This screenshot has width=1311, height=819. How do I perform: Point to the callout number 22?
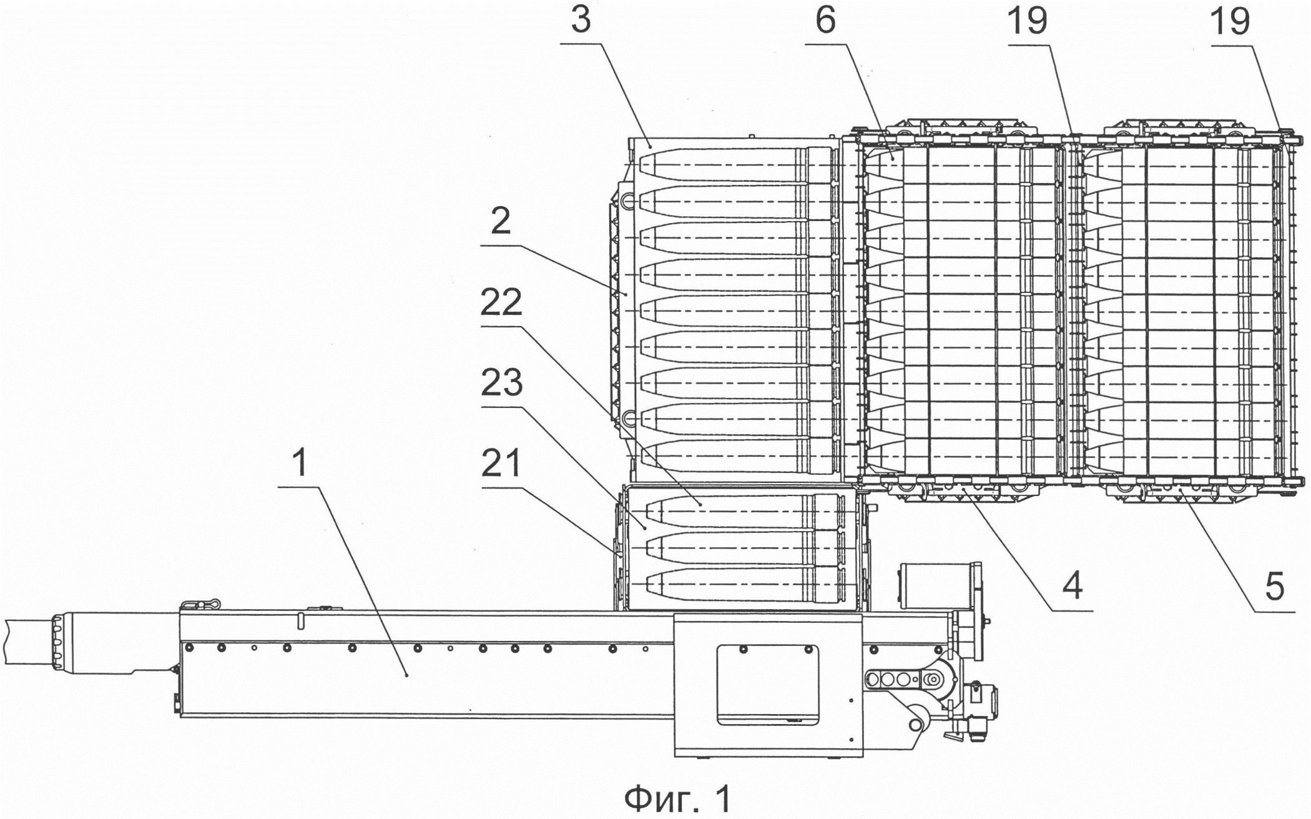pos(501,304)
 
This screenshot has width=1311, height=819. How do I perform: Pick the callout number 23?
pos(501,384)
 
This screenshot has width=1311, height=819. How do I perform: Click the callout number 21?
pos(502,464)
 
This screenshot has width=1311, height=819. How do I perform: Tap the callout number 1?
pos(300,464)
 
